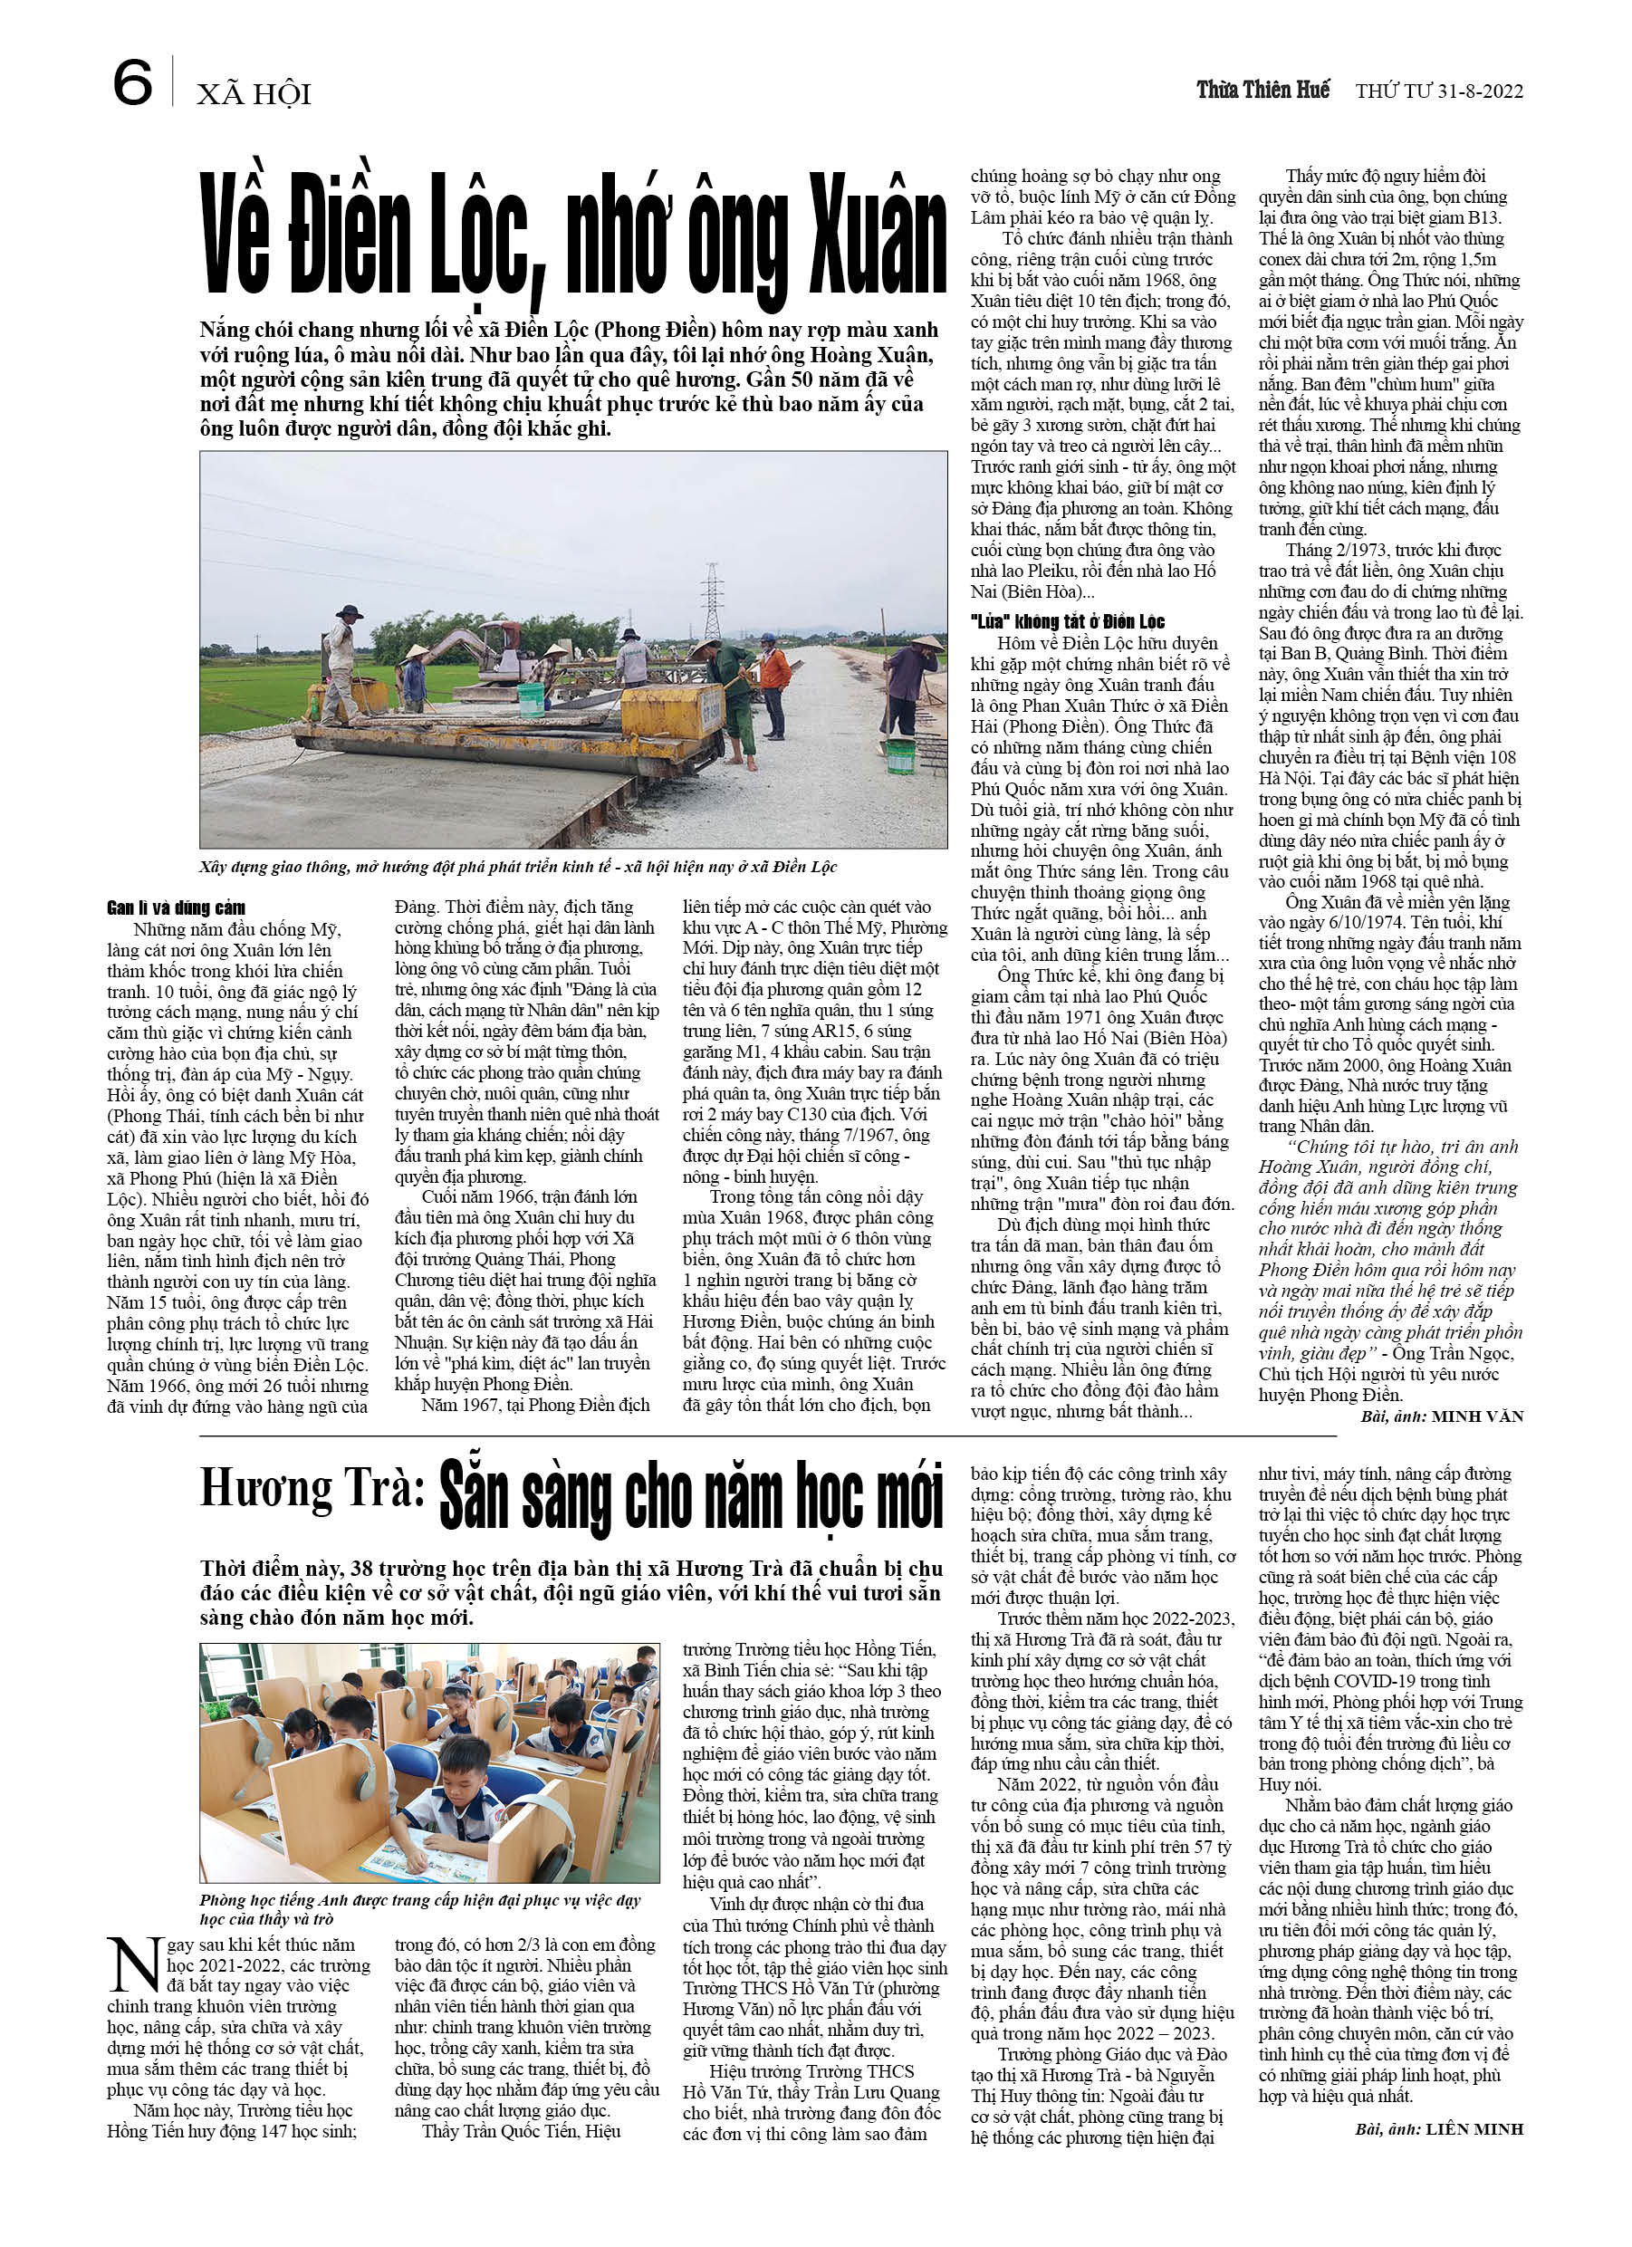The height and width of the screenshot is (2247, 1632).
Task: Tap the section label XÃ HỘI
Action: click(254, 94)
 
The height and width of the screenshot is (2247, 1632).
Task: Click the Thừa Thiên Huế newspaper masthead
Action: click(1262, 91)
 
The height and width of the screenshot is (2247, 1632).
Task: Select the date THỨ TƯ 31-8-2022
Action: click(1439, 91)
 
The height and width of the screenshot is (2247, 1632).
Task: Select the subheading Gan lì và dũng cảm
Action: click(177, 907)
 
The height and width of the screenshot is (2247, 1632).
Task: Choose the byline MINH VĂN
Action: click(1476, 1416)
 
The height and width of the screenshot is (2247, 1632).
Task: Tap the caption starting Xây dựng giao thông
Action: click(517, 867)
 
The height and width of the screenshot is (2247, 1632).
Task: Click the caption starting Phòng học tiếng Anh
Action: click(420, 1908)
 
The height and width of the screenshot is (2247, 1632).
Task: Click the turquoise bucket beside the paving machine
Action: click(530, 699)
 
